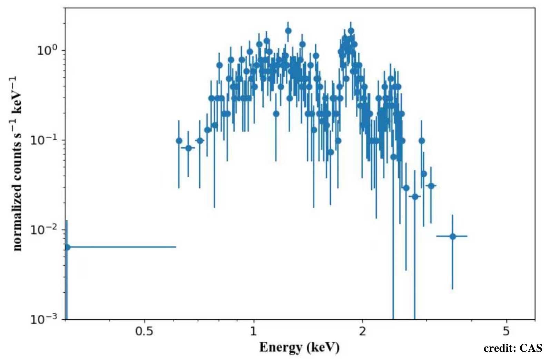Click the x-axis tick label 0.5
point(144,331)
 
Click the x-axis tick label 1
point(253,331)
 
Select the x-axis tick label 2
point(362,331)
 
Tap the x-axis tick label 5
point(506,331)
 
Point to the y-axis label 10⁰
point(46,50)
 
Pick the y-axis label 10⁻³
point(43,319)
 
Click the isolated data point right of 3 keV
point(453,236)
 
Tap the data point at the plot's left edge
point(67,247)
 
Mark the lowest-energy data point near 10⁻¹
point(179,141)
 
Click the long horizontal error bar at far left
point(121,247)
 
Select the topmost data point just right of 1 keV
point(288,31)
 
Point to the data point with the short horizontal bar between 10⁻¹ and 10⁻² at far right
point(431,186)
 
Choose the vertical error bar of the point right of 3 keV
point(453,269)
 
